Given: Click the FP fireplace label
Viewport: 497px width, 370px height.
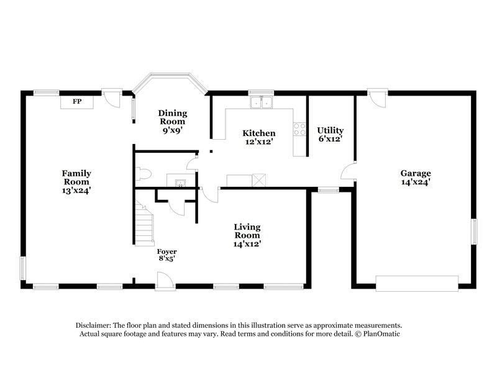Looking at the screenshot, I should click(77, 101).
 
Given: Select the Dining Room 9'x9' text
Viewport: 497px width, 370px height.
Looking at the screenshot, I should click(172, 122).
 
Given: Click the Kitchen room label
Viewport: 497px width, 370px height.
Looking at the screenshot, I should click(258, 137).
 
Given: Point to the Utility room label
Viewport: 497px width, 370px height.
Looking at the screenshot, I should click(330, 135).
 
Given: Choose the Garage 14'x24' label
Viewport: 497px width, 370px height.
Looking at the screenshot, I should click(416, 178).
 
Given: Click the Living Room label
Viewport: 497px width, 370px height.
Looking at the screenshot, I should click(247, 235).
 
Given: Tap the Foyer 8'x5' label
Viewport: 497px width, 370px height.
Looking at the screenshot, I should click(166, 255).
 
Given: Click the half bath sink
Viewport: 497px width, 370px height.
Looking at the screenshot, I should click(181, 182).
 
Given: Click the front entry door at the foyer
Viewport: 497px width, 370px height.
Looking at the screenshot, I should click(165, 281).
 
